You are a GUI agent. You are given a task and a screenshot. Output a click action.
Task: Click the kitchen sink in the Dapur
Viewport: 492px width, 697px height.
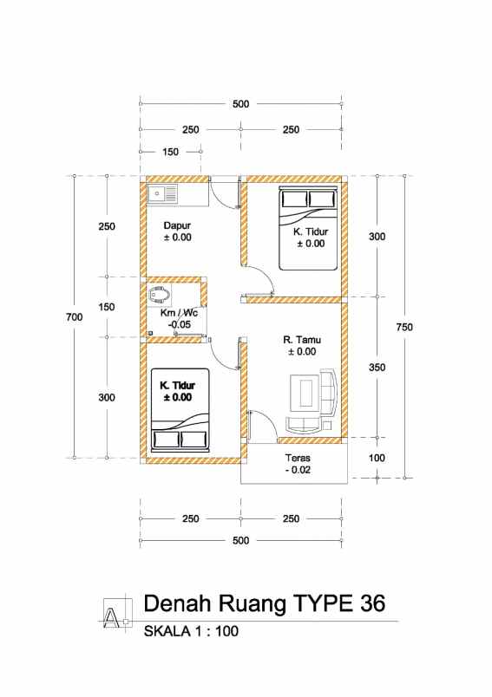162,193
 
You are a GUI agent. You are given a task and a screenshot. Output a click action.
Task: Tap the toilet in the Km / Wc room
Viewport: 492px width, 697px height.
159,295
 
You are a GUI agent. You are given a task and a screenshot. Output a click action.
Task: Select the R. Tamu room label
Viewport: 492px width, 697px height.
302,339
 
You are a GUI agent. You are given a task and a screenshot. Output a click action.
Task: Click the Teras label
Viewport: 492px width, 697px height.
298,458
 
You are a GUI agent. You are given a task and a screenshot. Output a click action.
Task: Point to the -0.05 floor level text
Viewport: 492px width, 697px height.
179,324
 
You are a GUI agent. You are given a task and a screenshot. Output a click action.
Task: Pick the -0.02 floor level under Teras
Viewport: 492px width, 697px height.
298,470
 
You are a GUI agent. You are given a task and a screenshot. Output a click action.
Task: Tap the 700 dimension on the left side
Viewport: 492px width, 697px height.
74,317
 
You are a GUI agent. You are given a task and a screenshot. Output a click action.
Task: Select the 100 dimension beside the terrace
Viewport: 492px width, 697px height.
376,457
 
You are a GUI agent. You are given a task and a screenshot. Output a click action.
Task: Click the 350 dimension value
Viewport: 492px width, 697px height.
376,367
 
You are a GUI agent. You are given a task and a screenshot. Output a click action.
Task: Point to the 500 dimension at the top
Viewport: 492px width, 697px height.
240,104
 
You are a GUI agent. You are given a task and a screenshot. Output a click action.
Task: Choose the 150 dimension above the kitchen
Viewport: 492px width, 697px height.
170,152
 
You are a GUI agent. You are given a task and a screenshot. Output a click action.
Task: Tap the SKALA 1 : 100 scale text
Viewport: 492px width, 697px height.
190,632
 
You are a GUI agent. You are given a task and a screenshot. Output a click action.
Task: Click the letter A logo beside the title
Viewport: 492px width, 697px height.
113,612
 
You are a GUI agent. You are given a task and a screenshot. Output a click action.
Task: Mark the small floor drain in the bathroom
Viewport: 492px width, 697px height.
150,333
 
